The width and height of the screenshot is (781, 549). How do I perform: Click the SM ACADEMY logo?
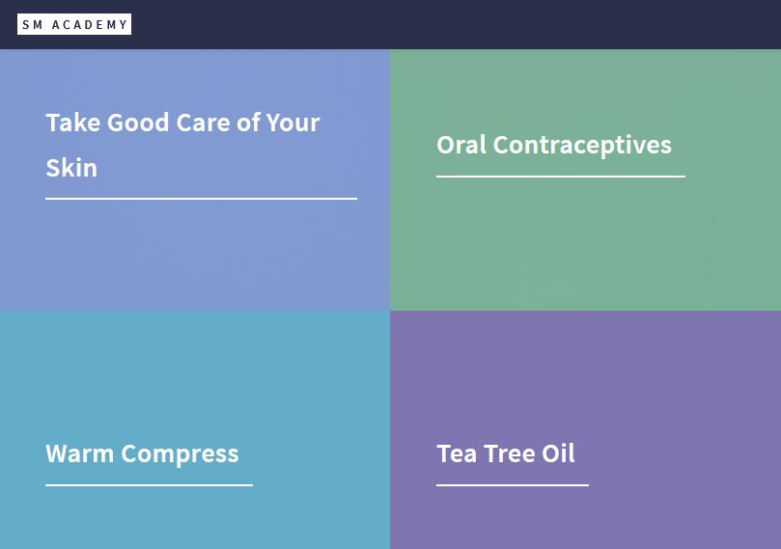point(74,24)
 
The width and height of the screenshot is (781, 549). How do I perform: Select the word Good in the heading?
point(138,123)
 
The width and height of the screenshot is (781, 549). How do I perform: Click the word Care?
point(203,123)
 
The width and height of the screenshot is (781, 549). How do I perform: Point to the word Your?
point(293,123)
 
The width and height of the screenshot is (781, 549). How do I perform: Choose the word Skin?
point(71,168)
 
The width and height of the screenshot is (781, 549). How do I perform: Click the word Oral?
point(461,145)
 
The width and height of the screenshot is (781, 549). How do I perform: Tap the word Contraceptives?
point(582,146)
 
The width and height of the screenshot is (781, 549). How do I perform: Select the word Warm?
point(80,453)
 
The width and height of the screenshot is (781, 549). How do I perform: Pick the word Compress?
point(180,454)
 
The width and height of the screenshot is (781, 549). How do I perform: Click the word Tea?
point(457,453)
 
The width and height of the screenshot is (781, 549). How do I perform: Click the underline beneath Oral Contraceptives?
point(561,177)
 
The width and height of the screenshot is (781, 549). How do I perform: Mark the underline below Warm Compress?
point(149,484)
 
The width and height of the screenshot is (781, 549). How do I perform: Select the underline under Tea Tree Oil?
point(513,484)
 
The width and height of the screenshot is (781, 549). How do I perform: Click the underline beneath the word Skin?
point(201,199)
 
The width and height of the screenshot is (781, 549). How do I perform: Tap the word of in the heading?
point(248,123)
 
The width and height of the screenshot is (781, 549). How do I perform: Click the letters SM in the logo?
point(33,25)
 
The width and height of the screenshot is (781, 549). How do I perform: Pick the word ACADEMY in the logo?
point(90,25)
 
